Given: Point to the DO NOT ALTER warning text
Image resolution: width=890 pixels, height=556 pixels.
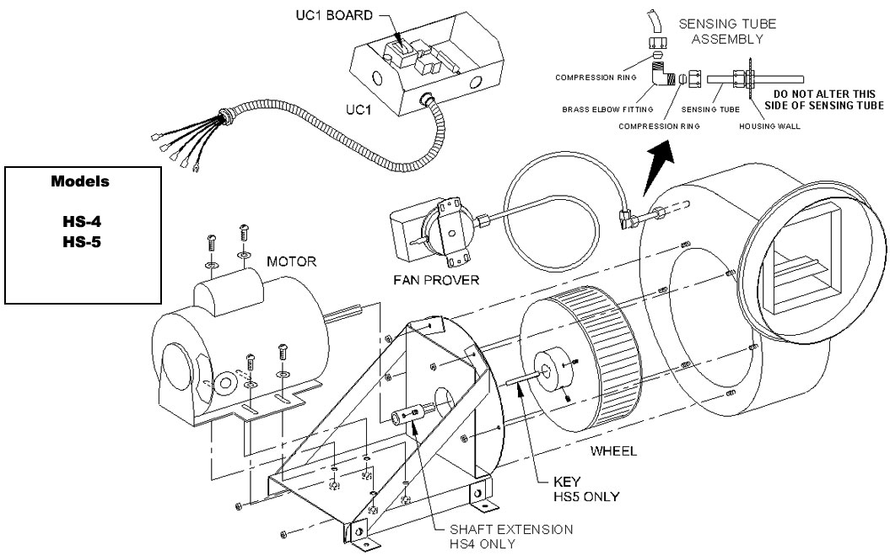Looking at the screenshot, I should tap(823, 100).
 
